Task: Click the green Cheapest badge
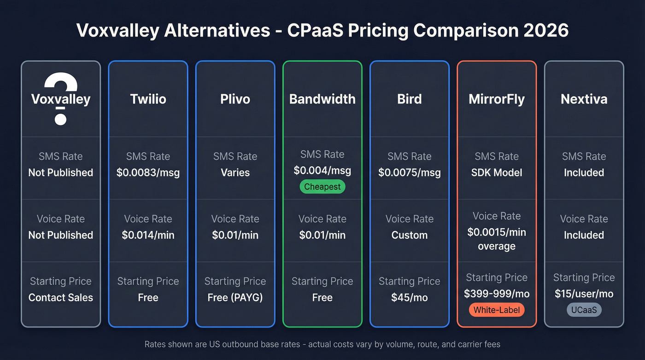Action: tap(322, 187)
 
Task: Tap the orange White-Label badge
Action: tap(497, 310)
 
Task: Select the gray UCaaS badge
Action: tap(584, 310)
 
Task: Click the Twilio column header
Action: tap(148, 99)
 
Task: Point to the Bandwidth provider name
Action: tap(322, 99)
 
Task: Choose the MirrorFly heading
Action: tap(497, 99)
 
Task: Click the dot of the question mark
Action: tap(61, 118)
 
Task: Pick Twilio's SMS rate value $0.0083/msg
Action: tap(148, 172)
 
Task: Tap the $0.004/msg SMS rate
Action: tap(322, 171)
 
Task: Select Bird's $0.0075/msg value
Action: tap(410, 172)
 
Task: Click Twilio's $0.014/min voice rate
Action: tap(148, 235)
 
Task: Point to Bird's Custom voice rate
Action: tap(410, 235)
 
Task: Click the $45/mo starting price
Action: tap(410, 298)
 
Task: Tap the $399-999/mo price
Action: tap(497, 294)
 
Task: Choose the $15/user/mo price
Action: tap(584, 294)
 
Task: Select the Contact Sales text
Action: tap(61, 298)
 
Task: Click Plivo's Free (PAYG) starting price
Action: tap(235, 298)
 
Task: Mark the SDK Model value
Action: tap(497, 172)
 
